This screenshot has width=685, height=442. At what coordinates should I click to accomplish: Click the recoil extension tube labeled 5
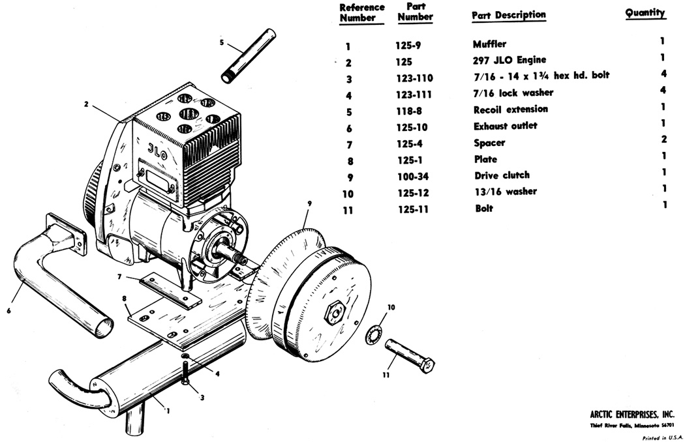249,55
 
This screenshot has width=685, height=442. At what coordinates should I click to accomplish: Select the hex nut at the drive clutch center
335,312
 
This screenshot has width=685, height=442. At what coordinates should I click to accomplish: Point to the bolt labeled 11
410,355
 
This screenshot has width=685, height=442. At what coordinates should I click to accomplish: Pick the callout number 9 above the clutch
310,203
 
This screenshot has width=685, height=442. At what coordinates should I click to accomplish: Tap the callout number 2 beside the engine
86,104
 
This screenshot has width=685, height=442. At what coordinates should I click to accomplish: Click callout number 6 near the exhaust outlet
8,311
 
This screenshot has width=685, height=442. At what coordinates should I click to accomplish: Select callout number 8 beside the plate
125,299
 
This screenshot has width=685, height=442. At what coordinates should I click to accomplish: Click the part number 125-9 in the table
408,46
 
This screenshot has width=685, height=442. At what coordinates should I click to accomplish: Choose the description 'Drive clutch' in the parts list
502,175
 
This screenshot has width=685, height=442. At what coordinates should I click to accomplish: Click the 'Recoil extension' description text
511,109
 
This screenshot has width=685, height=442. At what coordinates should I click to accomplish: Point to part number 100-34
413,177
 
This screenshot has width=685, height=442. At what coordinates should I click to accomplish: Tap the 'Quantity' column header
645,12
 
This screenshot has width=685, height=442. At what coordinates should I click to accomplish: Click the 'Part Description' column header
508,15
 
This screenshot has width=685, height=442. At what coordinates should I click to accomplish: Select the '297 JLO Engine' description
510,60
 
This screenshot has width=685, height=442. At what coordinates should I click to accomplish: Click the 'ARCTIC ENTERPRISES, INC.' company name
632,414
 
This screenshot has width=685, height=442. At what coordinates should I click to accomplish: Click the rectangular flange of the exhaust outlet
66,233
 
